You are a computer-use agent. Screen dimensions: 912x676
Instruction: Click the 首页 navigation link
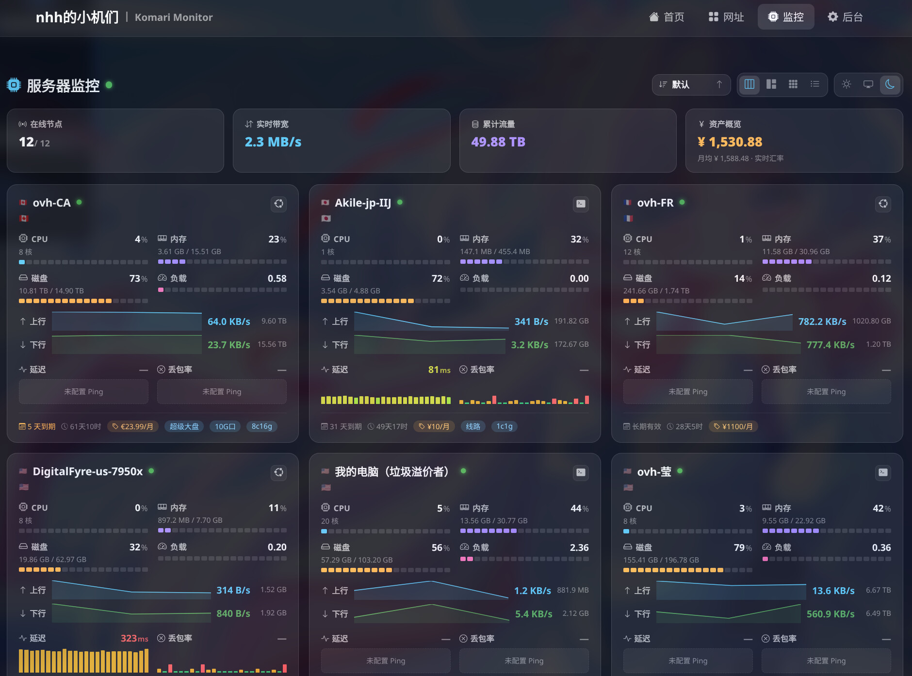[667, 17]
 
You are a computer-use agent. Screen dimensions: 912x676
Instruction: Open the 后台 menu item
[845, 17]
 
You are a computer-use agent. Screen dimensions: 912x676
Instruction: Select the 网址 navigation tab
[726, 17]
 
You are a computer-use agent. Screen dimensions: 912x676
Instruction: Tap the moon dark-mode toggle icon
[890, 84]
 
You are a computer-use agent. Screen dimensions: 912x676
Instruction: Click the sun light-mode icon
[847, 84]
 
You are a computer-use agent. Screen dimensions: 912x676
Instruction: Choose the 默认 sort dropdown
[691, 84]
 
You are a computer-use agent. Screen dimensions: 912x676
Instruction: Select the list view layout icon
[815, 84]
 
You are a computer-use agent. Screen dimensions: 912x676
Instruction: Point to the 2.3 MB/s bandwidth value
[273, 142]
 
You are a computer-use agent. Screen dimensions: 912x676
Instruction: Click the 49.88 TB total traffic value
[498, 142]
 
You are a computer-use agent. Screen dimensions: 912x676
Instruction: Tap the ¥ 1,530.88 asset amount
[730, 142]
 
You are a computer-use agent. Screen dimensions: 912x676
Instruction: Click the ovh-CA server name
[51, 203]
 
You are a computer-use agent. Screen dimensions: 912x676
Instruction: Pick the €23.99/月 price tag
[132, 426]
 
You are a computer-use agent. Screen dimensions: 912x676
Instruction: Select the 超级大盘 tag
[184, 426]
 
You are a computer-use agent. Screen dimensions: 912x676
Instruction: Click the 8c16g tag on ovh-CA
[262, 426]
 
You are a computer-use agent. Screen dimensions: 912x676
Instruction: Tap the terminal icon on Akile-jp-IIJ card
[581, 204]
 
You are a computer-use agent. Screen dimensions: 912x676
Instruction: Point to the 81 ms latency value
[439, 370]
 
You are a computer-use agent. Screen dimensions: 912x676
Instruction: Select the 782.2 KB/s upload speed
[822, 322]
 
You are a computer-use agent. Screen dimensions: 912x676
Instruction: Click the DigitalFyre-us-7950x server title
[88, 471]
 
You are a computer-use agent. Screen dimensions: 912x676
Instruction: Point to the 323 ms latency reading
[134, 638]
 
